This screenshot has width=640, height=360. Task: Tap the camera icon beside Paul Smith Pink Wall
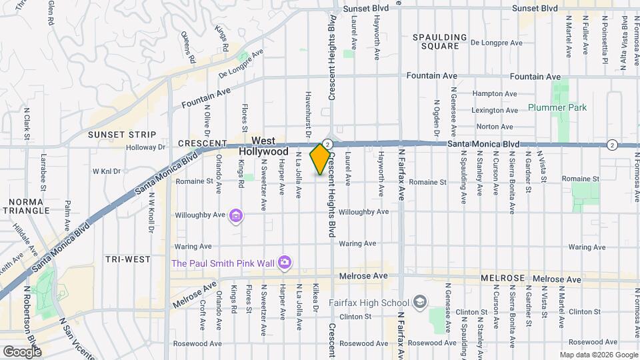(x=285, y=262)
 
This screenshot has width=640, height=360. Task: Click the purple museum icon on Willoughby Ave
(x=235, y=215)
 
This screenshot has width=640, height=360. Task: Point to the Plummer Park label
(x=557, y=107)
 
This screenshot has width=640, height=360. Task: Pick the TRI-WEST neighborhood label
(x=127, y=258)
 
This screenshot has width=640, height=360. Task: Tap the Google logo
(x=22, y=351)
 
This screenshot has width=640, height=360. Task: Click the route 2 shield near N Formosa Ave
(x=612, y=145)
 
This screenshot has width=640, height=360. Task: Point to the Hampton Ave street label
(x=495, y=94)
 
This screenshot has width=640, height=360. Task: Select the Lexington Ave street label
(x=495, y=110)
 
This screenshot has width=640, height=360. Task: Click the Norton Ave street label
(x=495, y=127)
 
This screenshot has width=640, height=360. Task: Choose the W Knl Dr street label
(x=106, y=171)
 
